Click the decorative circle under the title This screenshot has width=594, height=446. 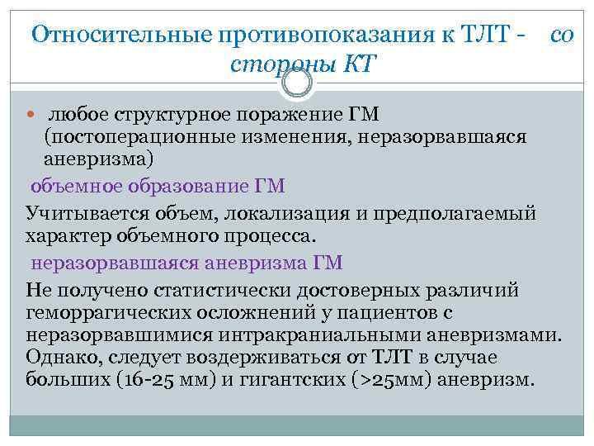point(296,83)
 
